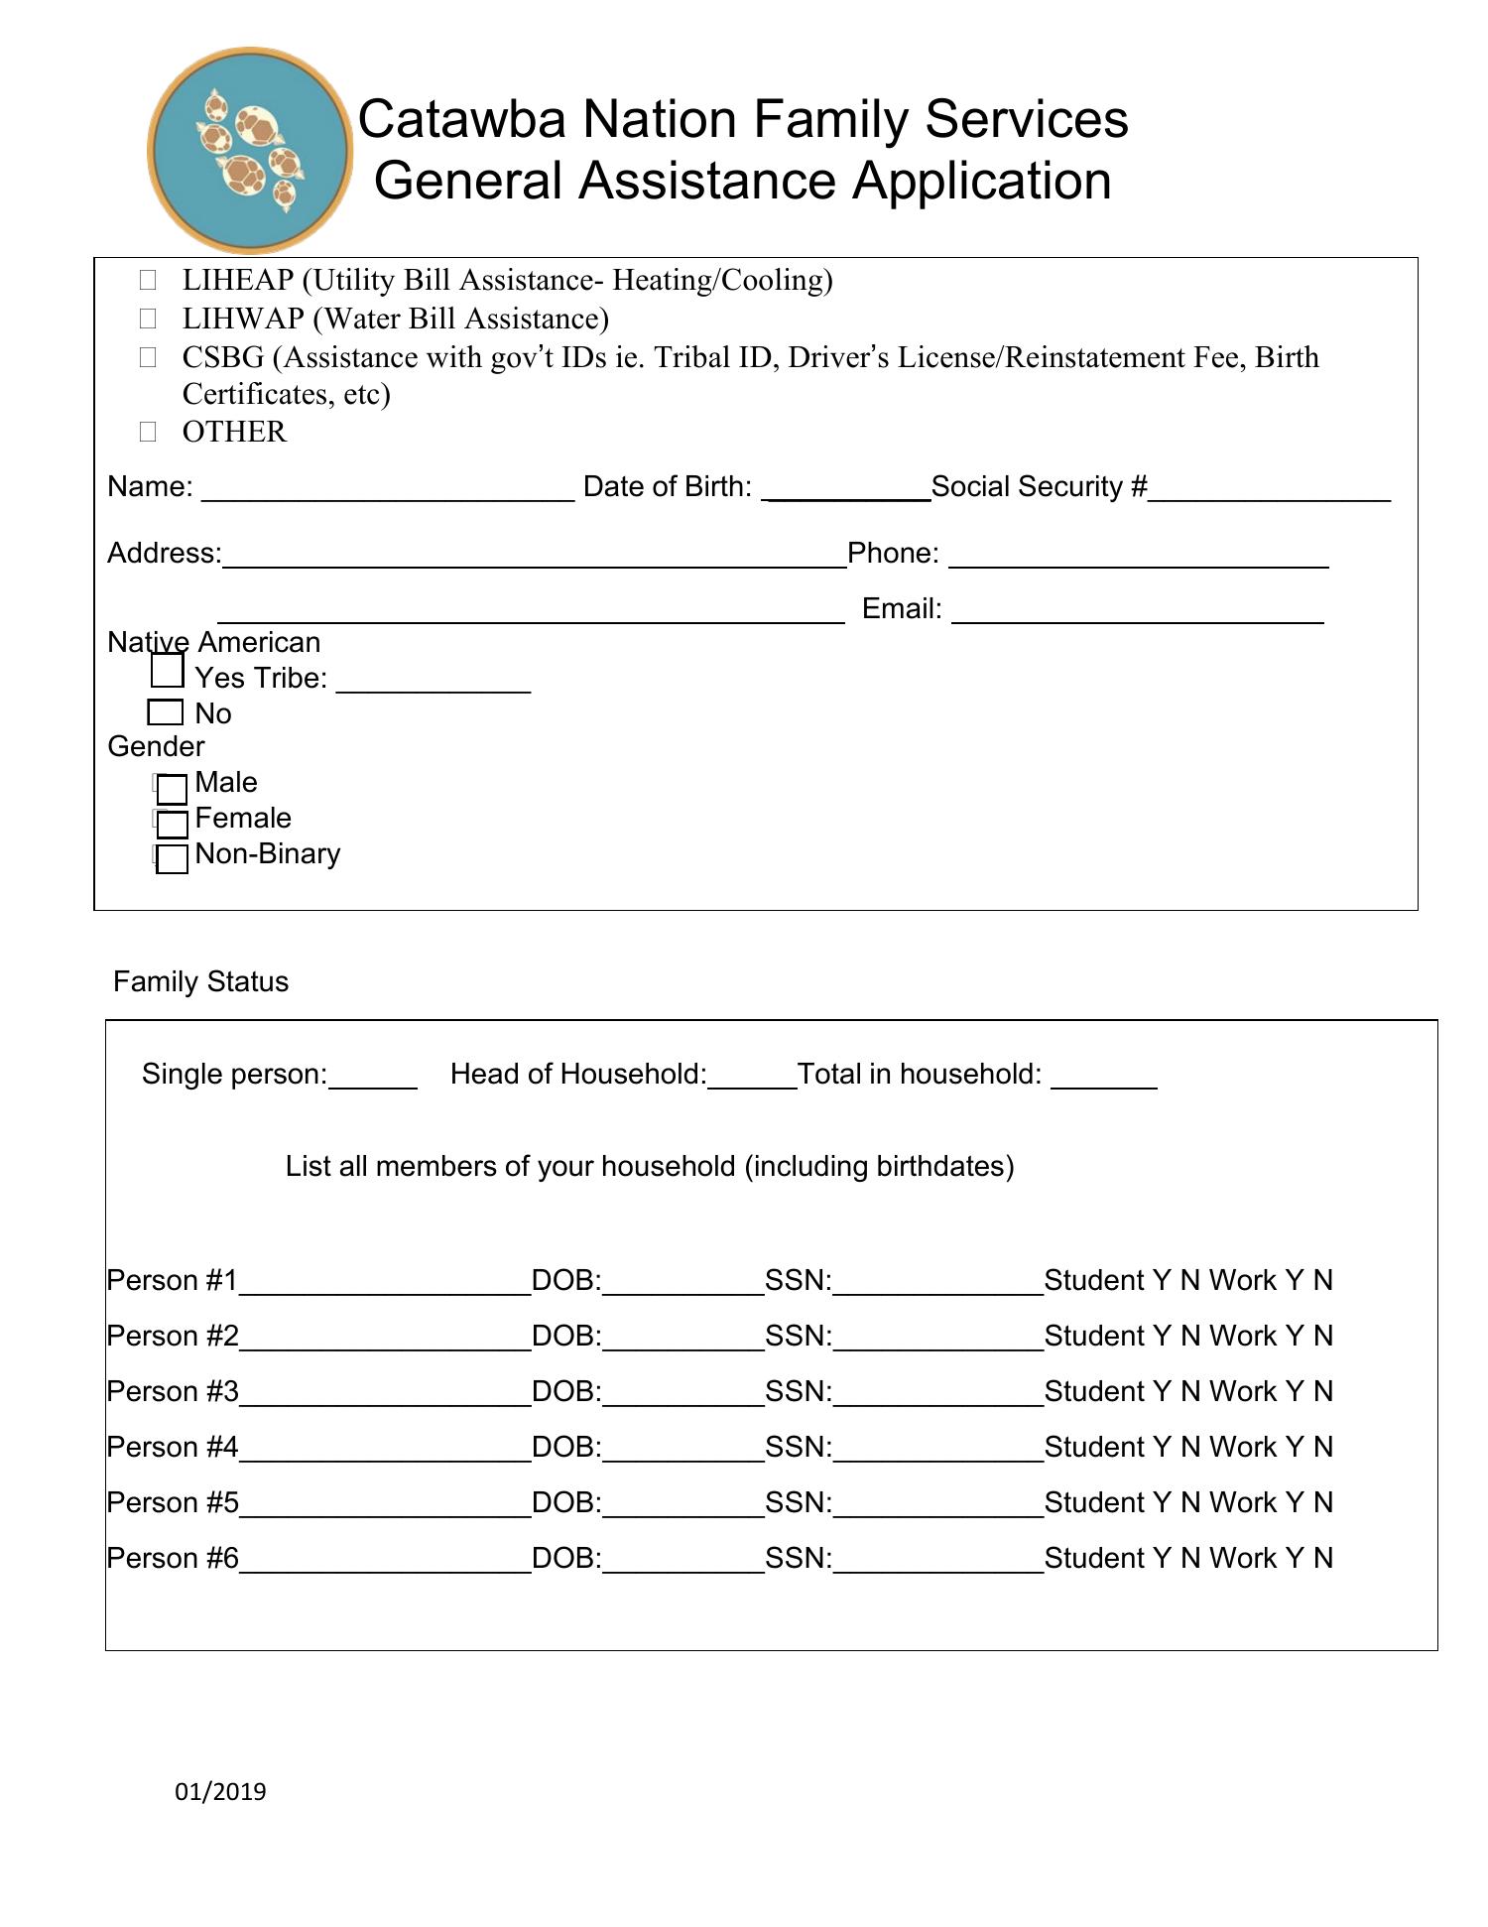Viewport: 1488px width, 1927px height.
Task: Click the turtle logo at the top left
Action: coord(249,150)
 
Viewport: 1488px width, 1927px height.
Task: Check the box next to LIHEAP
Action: coord(148,280)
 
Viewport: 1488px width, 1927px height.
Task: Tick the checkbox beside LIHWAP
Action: coord(148,319)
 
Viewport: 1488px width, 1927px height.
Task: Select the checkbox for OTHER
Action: coord(148,432)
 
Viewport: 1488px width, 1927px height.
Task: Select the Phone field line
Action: coord(1138,558)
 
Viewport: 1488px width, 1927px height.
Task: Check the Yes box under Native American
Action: coord(167,671)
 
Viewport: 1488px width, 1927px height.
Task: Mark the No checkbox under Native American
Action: coord(165,712)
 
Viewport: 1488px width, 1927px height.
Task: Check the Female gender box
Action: coord(172,824)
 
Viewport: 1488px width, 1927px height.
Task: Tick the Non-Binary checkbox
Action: coord(172,859)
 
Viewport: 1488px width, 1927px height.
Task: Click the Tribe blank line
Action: coord(434,684)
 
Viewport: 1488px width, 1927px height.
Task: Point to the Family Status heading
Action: coord(200,981)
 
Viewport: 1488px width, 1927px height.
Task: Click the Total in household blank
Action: coord(1103,1080)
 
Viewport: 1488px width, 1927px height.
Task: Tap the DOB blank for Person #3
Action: coord(682,1397)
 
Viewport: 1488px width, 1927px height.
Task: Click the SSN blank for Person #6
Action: coord(937,1564)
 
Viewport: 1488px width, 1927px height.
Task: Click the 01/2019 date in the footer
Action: coord(220,1791)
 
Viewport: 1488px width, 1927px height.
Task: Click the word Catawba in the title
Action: coord(462,119)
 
